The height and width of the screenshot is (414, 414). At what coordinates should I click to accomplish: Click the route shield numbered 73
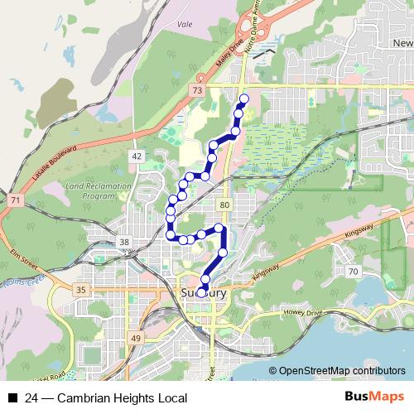196,89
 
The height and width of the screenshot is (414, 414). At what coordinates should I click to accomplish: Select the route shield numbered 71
15,201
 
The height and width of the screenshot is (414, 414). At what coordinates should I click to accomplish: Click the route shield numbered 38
125,242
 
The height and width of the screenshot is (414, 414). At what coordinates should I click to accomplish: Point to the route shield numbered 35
80,290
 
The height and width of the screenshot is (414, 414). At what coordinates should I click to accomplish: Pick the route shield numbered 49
135,339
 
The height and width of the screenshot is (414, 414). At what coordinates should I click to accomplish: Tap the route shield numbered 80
224,204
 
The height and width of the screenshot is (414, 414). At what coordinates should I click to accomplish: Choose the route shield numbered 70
353,272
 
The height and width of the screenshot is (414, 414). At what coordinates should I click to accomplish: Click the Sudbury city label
203,291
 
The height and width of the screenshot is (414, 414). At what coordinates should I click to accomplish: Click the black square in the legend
12,398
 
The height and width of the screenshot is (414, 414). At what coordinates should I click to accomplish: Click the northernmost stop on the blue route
243,99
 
